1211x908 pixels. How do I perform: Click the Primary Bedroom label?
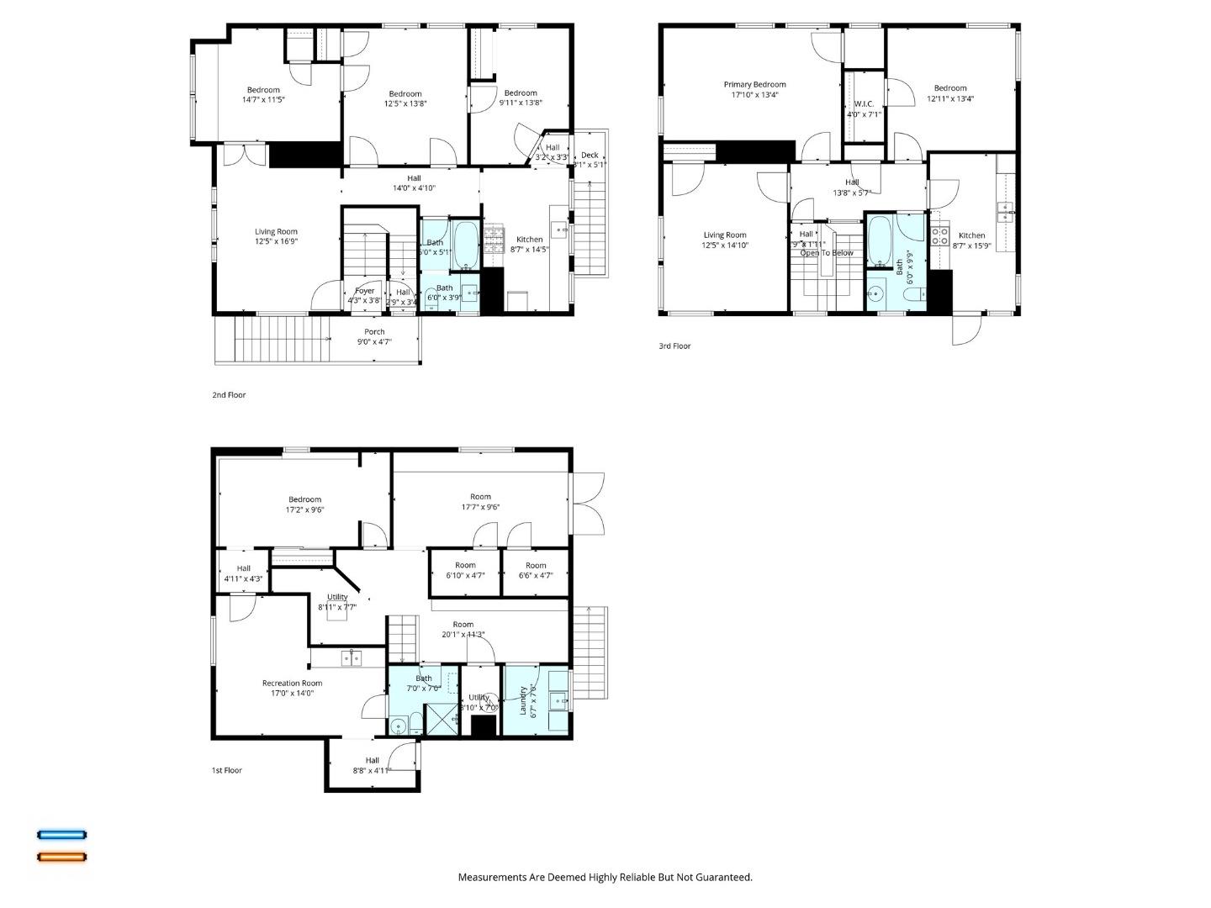coord(754,84)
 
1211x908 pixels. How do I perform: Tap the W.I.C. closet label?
coord(864,104)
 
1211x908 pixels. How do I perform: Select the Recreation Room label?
coord(292,684)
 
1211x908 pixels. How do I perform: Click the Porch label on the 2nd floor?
coord(374,332)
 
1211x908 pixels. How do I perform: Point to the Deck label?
coord(590,155)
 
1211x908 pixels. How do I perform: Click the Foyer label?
coord(364,291)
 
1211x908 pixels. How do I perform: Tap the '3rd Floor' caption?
coord(674,346)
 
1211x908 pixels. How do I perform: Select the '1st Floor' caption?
coord(227,770)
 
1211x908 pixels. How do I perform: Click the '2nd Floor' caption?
coord(229,394)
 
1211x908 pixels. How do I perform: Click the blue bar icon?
coord(61,835)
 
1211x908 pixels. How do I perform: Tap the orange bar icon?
coord(61,858)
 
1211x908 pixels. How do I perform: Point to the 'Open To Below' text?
coord(826,253)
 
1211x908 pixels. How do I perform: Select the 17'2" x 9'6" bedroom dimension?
coord(304,509)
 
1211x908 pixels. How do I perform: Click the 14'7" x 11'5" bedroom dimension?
coord(263,100)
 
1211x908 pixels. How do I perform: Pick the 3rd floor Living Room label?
coord(724,235)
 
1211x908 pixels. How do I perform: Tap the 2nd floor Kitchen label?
coord(529,240)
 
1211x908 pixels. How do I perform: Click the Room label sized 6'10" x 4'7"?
coord(465,565)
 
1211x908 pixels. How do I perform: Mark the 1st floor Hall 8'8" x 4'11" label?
coord(372,761)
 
